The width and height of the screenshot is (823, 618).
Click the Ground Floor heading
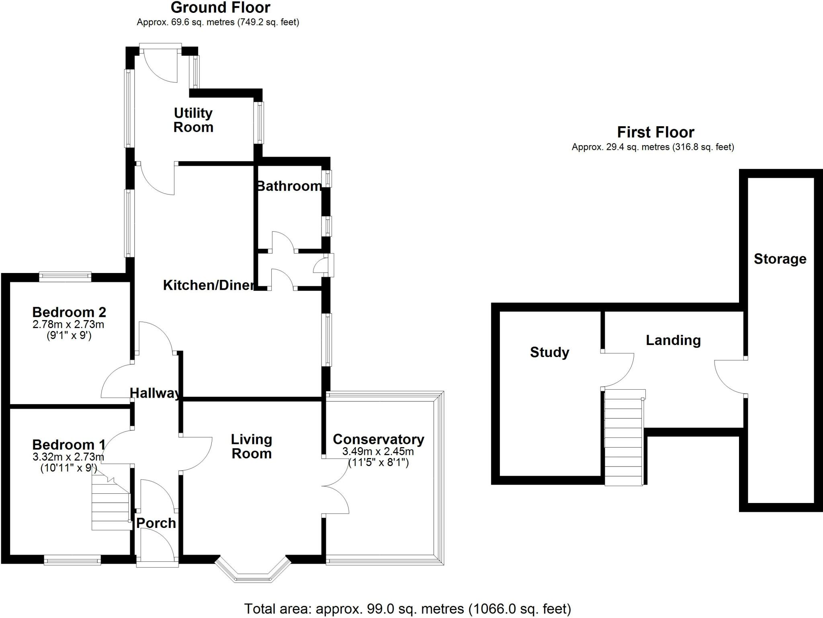point(220,8)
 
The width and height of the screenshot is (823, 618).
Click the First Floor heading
point(655,132)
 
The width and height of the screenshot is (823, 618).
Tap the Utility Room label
point(193,120)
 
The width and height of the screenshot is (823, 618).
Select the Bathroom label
point(289,186)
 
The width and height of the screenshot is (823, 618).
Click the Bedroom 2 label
point(69,312)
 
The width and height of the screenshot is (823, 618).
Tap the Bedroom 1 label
point(69,444)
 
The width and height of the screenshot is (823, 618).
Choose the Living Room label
point(252,446)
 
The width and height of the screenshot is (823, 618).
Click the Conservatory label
point(379,439)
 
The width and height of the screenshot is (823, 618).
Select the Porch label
point(156,523)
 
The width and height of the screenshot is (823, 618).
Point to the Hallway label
point(155,393)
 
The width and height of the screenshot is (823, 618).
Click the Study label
point(549,352)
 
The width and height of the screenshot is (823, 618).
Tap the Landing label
point(673,340)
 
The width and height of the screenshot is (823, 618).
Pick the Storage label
point(780,259)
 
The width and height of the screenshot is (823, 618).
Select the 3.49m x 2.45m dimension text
point(378,451)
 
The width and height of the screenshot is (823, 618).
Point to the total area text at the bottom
point(407,609)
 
